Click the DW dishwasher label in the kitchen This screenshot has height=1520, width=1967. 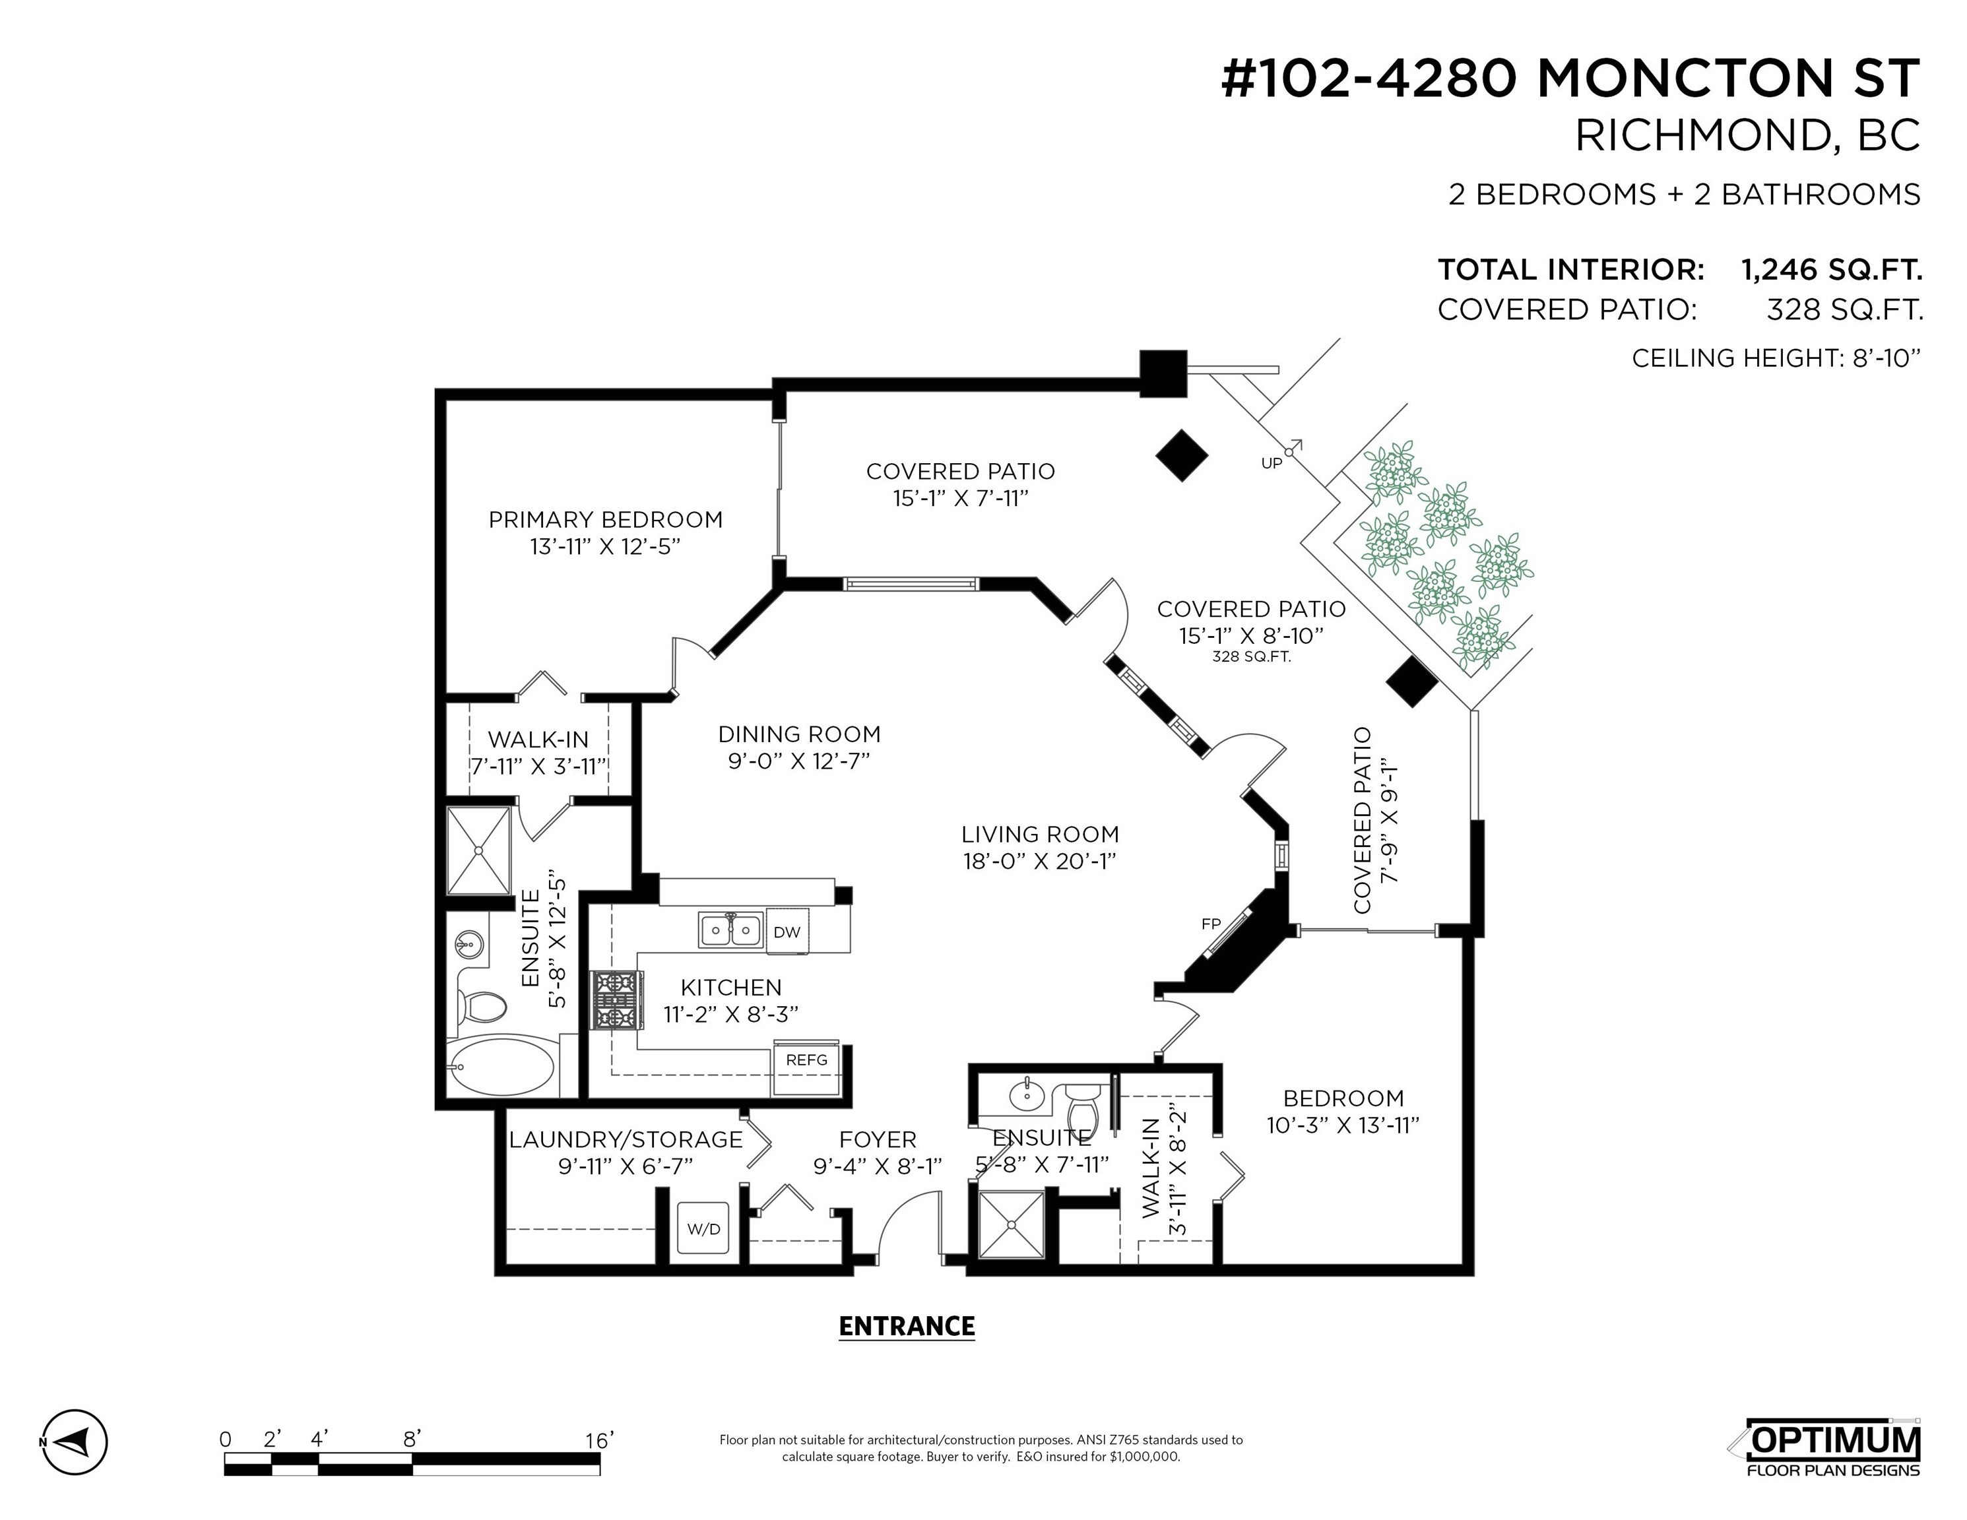pyautogui.click(x=787, y=932)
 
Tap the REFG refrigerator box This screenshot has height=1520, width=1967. pyautogui.click(x=806, y=1068)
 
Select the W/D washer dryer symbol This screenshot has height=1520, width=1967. pyautogui.click(x=703, y=1227)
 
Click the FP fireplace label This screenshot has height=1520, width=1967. pyautogui.click(x=1210, y=924)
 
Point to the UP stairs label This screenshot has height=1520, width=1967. pyautogui.click(x=1271, y=463)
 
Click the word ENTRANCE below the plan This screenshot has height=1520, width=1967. pyautogui.click(x=906, y=1327)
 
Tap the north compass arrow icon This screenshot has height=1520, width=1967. pyautogui.click(x=74, y=1441)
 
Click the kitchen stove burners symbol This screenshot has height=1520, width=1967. pyautogui.click(x=616, y=999)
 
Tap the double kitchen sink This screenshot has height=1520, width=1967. pyautogui.click(x=730, y=930)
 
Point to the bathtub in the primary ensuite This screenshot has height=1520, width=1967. pyautogui.click(x=501, y=1066)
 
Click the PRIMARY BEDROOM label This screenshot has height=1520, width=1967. pyautogui.click(x=605, y=520)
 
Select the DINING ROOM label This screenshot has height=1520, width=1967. pyautogui.click(x=799, y=734)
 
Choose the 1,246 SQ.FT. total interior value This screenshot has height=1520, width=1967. pyautogui.click(x=1832, y=269)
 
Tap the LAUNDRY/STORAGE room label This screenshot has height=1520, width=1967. pyautogui.click(x=625, y=1140)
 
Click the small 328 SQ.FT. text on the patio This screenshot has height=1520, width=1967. pyautogui.click(x=1251, y=657)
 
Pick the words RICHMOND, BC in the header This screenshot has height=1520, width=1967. pyautogui.click(x=1747, y=136)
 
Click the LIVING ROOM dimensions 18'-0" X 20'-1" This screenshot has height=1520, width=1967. pyautogui.click(x=1039, y=862)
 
